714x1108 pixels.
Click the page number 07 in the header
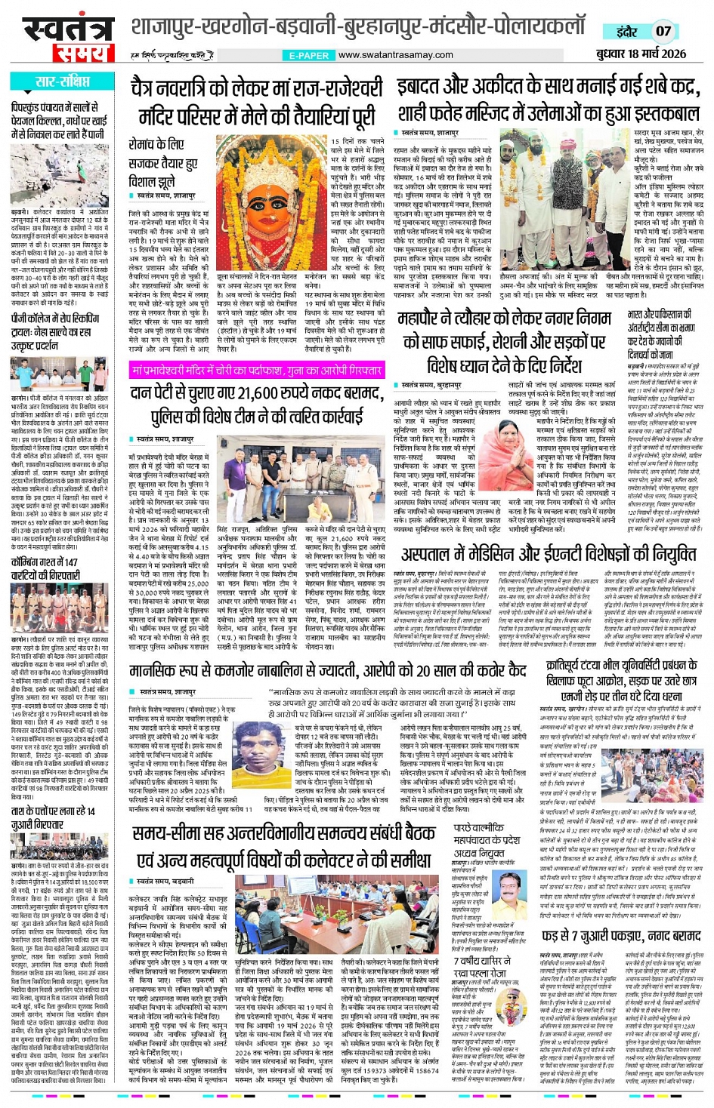pyautogui.click(x=663, y=31)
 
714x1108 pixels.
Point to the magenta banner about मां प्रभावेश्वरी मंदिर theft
pyautogui.click(x=256, y=371)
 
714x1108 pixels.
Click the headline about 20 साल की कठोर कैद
pyautogui.click(x=328, y=669)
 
